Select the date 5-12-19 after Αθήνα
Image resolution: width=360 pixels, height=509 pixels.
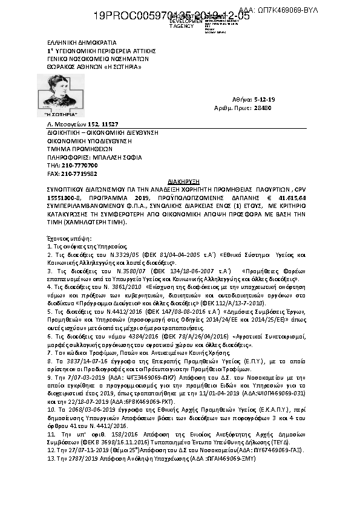[x=266, y=98]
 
